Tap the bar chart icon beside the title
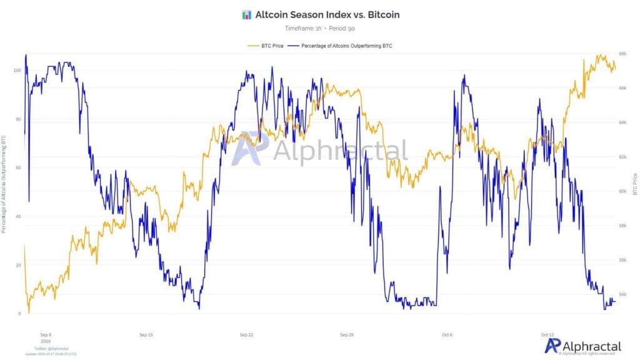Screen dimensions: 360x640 coord(246,14)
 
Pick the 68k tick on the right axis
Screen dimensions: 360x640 coord(622,54)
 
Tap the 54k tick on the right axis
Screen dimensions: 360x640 coord(622,294)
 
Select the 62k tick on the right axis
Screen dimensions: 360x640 coord(622,157)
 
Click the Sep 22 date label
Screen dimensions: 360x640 coord(246,335)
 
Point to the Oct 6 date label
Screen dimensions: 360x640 coord(447,335)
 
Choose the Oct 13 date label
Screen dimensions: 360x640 coord(547,335)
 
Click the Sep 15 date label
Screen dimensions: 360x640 coord(146,335)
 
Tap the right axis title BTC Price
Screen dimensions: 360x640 coord(635,184)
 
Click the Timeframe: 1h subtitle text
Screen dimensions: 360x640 coord(302,29)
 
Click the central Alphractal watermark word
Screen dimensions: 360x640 coord(341,151)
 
